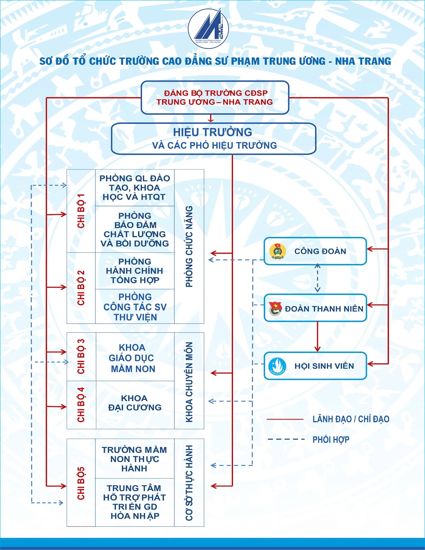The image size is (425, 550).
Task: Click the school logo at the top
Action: click(x=208, y=28)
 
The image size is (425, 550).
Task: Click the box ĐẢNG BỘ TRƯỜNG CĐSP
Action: click(x=215, y=97)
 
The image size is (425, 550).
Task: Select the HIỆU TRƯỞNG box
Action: click(x=213, y=139)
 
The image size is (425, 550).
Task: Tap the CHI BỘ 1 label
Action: click(x=81, y=211)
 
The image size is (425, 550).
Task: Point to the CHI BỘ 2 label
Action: click(x=81, y=288)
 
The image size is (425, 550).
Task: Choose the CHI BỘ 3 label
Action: click(x=81, y=356)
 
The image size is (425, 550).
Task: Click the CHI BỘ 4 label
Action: click(x=81, y=405)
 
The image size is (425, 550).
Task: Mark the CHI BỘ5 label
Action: click(x=81, y=484)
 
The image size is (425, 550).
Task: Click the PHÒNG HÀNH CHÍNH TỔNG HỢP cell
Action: click(x=135, y=271)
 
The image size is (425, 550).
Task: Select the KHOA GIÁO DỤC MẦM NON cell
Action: click(x=135, y=356)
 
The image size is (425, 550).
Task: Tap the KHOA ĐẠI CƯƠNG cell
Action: click(x=135, y=405)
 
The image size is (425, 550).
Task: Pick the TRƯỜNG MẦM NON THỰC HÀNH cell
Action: click(x=135, y=459)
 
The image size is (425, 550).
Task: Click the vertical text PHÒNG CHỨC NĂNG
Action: click(x=189, y=246)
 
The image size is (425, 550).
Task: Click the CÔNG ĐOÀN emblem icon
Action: click(x=278, y=251)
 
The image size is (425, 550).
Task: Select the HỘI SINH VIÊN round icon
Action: click(x=277, y=366)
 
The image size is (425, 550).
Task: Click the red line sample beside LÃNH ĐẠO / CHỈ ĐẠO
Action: click(x=285, y=419)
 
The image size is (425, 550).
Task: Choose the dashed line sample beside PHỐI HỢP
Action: click(x=286, y=439)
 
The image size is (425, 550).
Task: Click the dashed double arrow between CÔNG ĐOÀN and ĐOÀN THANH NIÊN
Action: click(x=317, y=278)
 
